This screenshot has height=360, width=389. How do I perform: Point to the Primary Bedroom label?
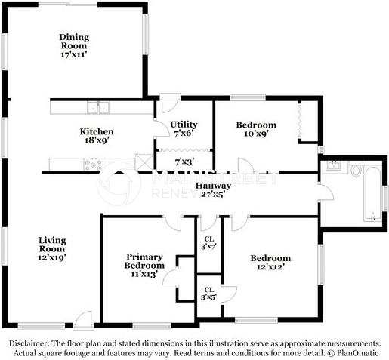coord(144,260)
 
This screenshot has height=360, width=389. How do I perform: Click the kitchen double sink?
coord(97,107)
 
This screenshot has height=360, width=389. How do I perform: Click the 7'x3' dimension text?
coord(184,162)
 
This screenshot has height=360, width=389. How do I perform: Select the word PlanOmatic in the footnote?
coord(359,352)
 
